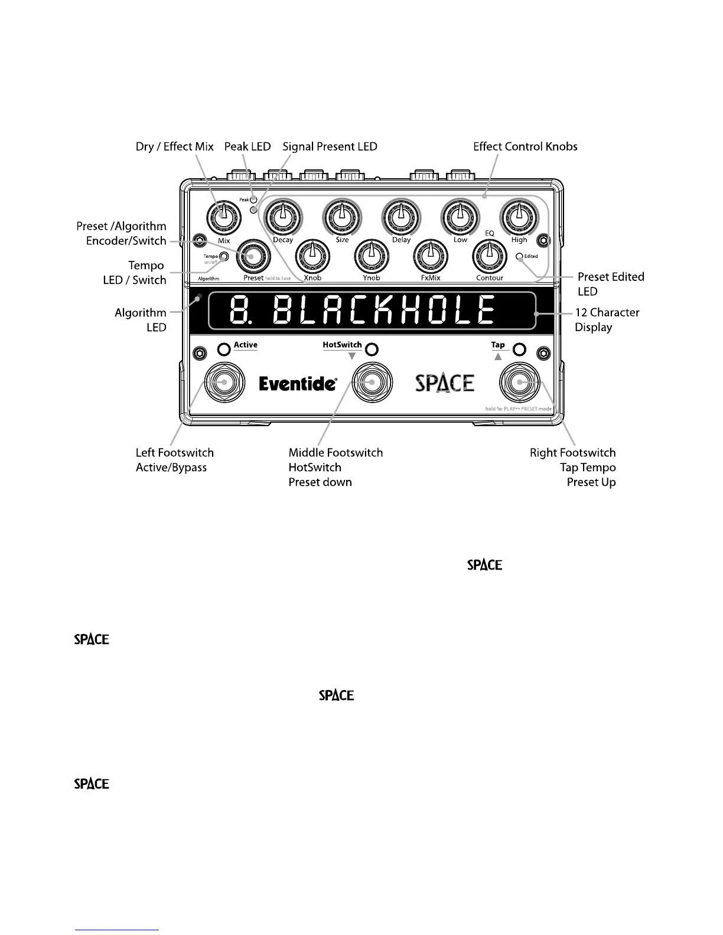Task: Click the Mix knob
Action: point(223,216)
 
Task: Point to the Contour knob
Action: point(489,255)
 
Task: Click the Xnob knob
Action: point(312,255)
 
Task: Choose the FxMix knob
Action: point(430,255)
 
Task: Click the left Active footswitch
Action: point(224,382)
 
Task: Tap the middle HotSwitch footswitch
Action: point(372,382)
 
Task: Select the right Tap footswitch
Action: point(519,382)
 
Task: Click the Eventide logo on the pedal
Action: point(298,384)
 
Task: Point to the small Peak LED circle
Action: point(253,200)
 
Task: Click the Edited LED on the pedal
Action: point(519,257)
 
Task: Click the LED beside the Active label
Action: point(224,349)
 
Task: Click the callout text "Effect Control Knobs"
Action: point(525,146)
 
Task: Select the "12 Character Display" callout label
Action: point(607,319)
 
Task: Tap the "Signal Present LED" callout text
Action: point(330,146)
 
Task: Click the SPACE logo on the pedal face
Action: point(445,383)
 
